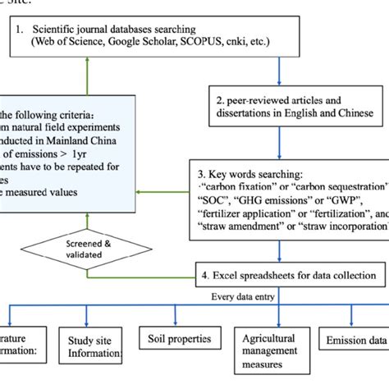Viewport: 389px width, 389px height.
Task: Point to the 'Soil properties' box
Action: [173, 338]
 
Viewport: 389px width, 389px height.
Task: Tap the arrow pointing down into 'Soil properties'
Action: [172, 316]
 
